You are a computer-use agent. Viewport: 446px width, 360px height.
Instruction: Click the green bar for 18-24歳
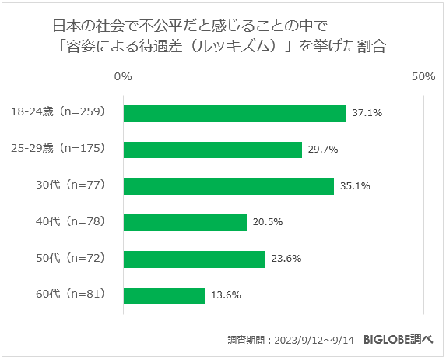tap(234, 113)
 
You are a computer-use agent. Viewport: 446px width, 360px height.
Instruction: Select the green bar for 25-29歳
tap(212, 150)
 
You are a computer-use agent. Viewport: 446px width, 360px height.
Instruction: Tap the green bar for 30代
tap(229, 186)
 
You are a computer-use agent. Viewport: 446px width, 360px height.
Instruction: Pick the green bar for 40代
tap(185, 222)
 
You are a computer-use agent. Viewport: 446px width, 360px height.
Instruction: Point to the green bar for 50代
tap(195, 259)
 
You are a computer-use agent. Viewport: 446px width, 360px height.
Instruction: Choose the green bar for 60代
tap(164, 295)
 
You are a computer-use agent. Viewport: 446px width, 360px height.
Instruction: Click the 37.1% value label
tap(367, 113)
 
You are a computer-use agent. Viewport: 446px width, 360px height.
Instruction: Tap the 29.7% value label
tap(322, 150)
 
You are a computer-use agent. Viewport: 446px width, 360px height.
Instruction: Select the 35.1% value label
tap(354, 186)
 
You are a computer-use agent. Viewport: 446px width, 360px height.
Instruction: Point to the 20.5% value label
tap(267, 222)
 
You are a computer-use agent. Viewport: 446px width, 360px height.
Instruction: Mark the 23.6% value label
tap(286, 259)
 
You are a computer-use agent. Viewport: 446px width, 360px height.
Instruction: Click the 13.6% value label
tap(226, 295)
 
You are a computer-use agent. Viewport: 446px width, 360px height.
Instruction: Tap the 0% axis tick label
tap(122, 77)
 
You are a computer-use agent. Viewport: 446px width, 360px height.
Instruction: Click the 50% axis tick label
tap(423, 77)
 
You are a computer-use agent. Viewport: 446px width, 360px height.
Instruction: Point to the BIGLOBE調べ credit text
tap(399, 340)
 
